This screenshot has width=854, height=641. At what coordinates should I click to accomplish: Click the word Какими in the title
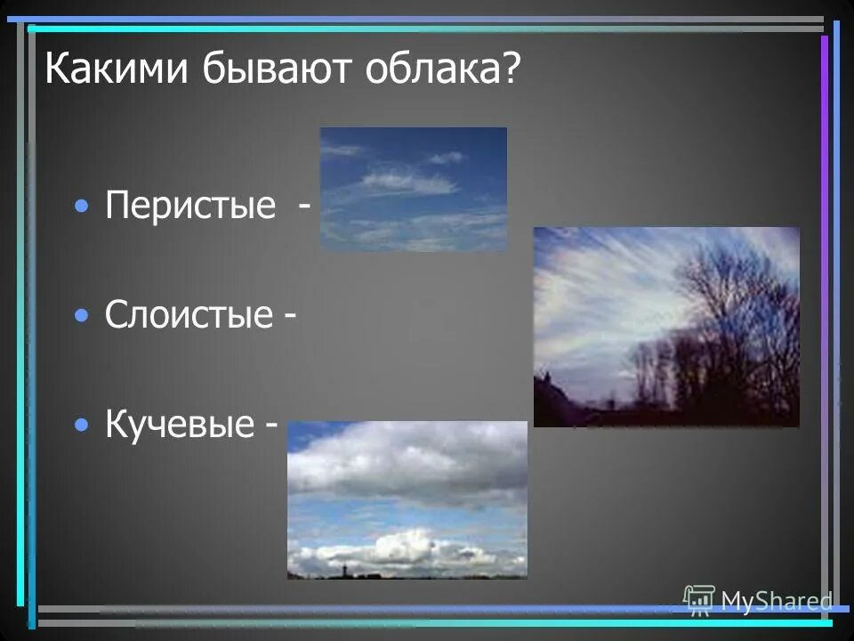pyautogui.click(x=105, y=69)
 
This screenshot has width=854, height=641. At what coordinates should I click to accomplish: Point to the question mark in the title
pyautogui.click(x=511, y=69)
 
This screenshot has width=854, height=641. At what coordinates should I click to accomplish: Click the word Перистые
pyautogui.click(x=190, y=207)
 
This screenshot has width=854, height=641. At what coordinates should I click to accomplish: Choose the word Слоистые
pyautogui.click(x=189, y=315)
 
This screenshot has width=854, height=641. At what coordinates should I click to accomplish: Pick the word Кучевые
pyautogui.click(x=180, y=425)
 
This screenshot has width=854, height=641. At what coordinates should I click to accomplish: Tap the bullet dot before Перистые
pyautogui.click(x=82, y=207)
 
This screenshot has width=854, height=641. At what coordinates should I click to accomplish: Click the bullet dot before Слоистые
pyautogui.click(x=82, y=315)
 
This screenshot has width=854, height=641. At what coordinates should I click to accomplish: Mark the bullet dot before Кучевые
pyautogui.click(x=82, y=425)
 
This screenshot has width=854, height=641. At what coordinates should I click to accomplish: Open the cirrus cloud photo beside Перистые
pyautogui.click(x=413, y=189)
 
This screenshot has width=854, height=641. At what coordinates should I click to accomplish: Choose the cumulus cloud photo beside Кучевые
pyautogui.click(x=407, y=500)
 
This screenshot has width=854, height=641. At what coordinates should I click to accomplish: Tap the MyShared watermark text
pyautogui.click(x=777, y=602)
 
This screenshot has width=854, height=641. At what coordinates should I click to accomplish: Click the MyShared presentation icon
pyautogui.click(x=699, y=600)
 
